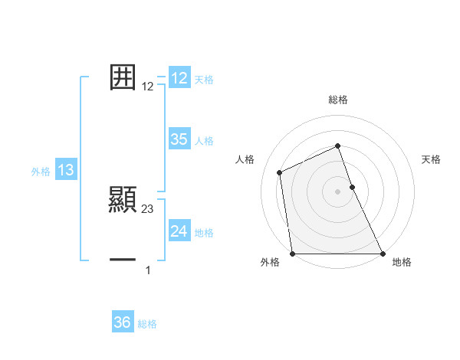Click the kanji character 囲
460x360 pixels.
coord(123,77)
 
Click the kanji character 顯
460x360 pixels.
coord(123,199)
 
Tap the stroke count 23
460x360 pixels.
coord(148,208)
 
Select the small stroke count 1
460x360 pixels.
coord(148,270)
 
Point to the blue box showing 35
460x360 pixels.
coord(179,139)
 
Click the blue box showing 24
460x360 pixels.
coord(179,231)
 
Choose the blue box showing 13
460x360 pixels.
coord(66,170)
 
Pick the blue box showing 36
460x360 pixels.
coord(122,322)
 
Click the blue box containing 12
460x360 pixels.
coord(179,78)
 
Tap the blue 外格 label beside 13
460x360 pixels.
coord(41,172)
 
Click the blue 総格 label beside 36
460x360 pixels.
coord(147,324)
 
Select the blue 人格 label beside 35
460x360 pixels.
coord(204,141)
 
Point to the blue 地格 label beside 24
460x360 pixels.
coord(204,233)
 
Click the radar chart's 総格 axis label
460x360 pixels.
coord(338,100)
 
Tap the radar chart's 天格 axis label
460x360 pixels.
coord(432,159)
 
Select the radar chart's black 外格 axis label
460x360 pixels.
coord(270,263)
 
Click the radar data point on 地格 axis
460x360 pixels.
coord(382,254)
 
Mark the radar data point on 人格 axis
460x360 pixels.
coord(280,172)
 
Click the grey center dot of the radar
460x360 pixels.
coord(338,191)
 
